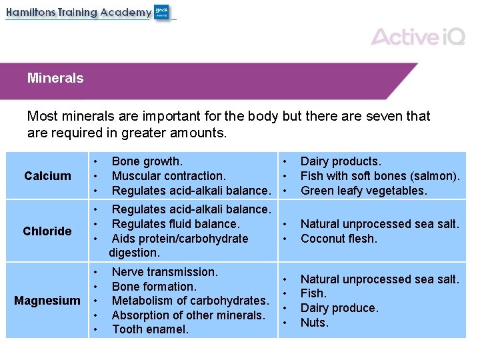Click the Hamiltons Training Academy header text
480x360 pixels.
coord(79,12)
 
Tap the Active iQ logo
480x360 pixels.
coord(418,36)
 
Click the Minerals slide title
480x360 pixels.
coord(55,78)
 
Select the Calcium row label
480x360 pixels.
coord(47,176)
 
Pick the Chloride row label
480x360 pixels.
coord(47,231)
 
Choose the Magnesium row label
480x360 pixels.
coord(47,301)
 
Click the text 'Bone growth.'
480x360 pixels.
coord(147,161)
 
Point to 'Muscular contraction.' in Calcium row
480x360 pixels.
coord(169,176)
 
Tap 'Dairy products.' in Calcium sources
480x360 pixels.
coord(341,161)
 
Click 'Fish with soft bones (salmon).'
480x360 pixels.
coord(380,176)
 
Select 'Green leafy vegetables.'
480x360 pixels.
coord(363,191)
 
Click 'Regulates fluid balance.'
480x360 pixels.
coord(175,224)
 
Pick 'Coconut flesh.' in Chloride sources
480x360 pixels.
coord(339,239)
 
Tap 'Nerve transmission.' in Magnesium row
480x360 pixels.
coord(165,272)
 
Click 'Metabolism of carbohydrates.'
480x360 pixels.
coord(190,301)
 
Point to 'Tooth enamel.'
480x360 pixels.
coord(150,329)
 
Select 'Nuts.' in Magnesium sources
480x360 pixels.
coord(315,323)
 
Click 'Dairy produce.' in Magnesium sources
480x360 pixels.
coord(339,308)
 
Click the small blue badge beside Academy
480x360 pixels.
coord(162,12)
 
